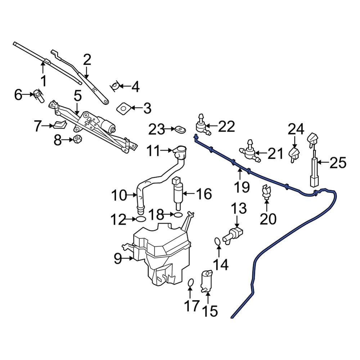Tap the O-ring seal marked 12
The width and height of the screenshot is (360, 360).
[140, 219]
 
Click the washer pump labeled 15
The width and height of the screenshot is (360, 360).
[207, 280]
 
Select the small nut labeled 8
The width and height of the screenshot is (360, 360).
[76, 139]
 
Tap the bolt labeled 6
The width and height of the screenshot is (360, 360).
[39, 95]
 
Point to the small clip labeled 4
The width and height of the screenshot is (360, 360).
[115, 86]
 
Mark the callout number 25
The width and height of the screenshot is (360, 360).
[337, 163]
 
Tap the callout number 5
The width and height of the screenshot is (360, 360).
[78, 95]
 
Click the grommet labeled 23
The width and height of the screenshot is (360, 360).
[180, 129]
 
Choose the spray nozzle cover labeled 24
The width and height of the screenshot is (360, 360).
[294, 154]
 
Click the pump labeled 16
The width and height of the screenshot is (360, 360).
[177, 193]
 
